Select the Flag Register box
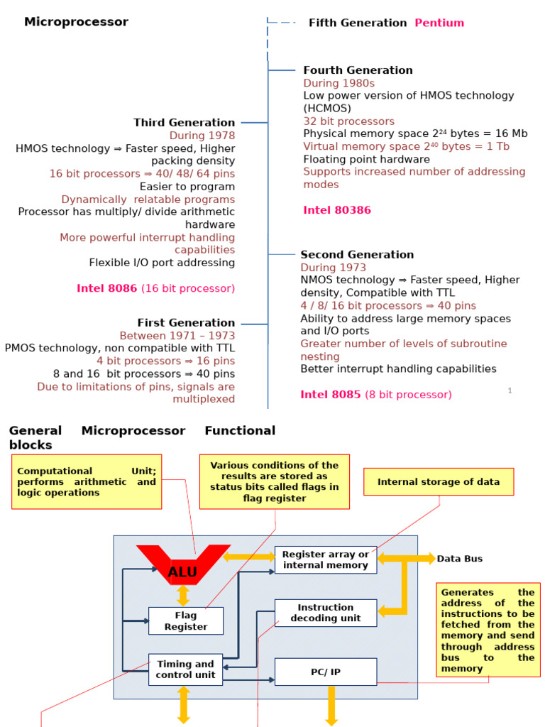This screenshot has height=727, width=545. click(x=186, y=621)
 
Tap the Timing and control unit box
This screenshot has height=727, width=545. click(x=185, y=669)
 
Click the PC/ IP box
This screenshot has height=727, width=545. click(x=326, y=672)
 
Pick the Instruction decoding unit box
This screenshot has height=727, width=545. click(x=326, y=613)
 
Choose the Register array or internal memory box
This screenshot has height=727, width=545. click(x=326, y=559)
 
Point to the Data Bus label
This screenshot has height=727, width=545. click(x=460, y=559)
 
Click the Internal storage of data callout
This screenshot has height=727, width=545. click(x=439, y=482)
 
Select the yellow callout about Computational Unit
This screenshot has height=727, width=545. click(x=87, y=482)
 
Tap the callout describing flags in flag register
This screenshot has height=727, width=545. click(x=275, y=482)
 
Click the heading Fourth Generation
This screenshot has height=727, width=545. click(x=358, y=70)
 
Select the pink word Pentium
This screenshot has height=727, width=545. click(x=439, y=23)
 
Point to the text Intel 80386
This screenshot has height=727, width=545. click(x=337, y=210)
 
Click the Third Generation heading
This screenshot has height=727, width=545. click(x=185, y=122)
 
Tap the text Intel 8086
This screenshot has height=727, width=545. click(x=107, y=288)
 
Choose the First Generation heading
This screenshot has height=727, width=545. click(x=187, y=323)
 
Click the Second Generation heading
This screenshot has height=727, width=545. click(x=358, y=255)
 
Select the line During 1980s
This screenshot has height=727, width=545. click(x=338, y=83)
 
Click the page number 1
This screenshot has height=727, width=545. click(x=510, y=390)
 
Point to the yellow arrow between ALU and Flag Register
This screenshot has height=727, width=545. click(x=183, y=596)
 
